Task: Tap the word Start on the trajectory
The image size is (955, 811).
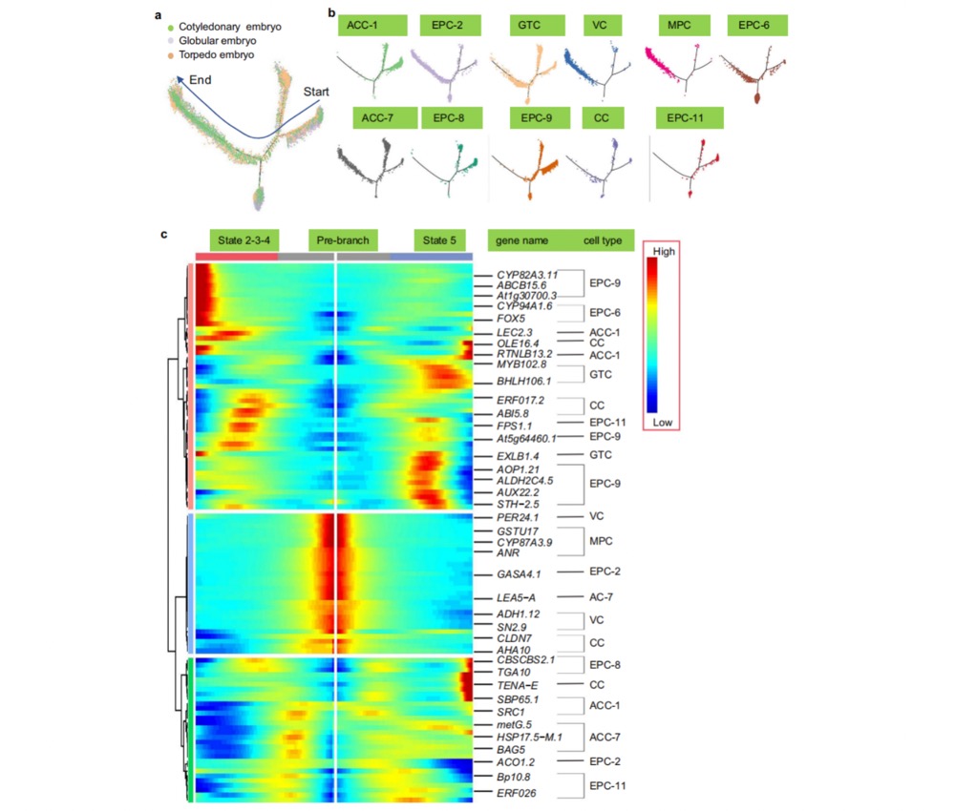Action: (317, 92)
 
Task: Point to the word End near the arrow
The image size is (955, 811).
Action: (200, 80)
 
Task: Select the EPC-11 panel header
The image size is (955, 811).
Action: (690, 117)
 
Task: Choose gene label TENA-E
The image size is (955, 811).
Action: (517, 685)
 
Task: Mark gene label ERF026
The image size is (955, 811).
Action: (517, 793)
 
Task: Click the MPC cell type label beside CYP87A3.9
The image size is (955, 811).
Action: (602, 541)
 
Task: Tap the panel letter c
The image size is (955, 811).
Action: (164, 235)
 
